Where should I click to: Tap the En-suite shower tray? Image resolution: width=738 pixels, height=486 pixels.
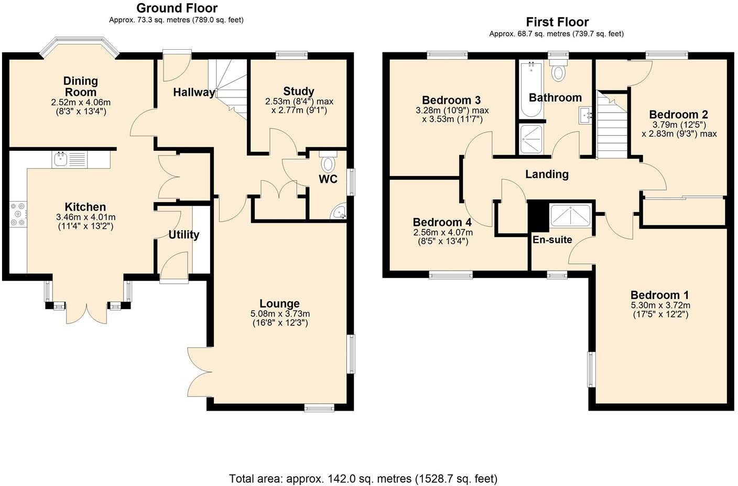click(x=570, y=216)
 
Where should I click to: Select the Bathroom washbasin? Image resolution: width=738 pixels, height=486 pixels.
click(x=586, y=115)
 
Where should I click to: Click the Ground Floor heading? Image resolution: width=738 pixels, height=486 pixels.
click(x=177, y=8)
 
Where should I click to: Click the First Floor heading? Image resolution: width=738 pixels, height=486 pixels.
click(x=557, y=22)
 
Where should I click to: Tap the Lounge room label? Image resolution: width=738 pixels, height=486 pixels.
click(x=279, y=304)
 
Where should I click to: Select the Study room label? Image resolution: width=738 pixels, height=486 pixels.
click(x=298, y=91)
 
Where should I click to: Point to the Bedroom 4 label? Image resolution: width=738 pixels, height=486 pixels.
click(x=442, y=222)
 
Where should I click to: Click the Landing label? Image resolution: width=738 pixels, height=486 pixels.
click(x=547, y=174)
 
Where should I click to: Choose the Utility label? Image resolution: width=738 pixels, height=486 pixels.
click(x=183, y=235)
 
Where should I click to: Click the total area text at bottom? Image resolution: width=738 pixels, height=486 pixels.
click(x=363, y=478)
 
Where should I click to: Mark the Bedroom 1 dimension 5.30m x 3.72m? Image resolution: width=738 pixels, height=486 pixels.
click(x=660, y=305)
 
